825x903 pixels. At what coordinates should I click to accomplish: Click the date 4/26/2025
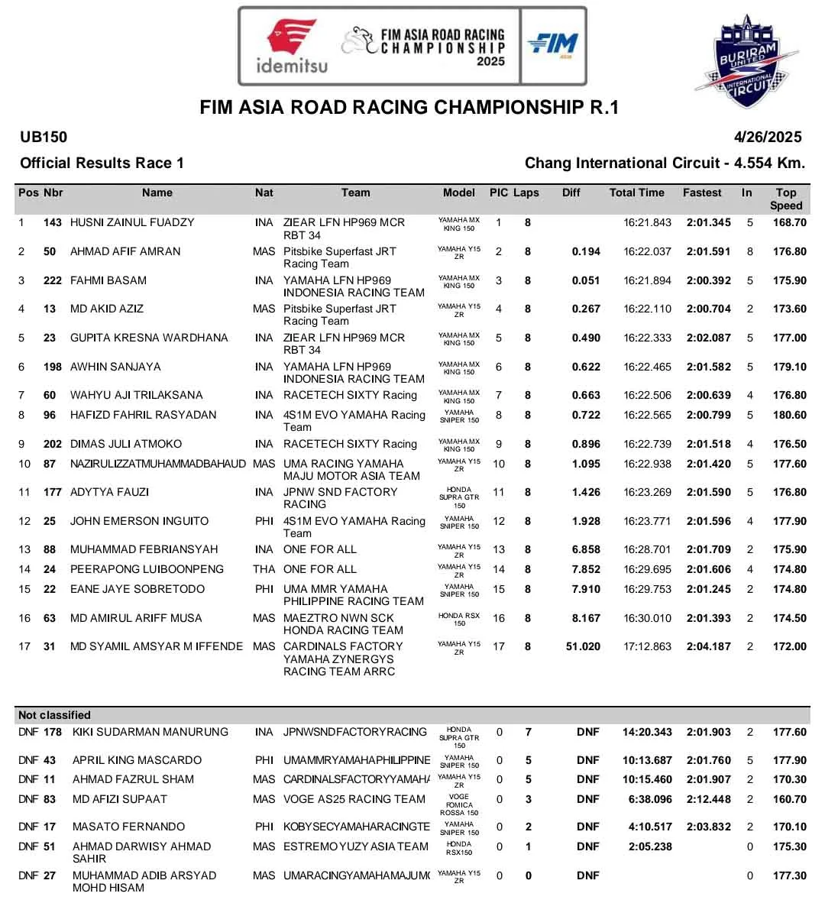(768, 138)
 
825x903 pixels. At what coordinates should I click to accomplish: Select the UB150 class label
(44, 138)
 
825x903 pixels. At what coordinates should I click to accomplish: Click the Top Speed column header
(785, 199)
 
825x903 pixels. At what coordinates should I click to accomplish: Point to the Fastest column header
(702, 193)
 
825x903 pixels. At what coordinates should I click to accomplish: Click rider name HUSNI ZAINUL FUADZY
(132, 223)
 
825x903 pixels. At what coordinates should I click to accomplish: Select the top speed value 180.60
(789, 416)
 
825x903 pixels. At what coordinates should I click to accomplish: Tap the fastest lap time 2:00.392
(708, 281)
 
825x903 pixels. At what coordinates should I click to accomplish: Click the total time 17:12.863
(647, 647)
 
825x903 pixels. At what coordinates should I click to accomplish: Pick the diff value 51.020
(583, 647)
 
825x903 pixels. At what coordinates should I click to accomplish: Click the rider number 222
(52, 281)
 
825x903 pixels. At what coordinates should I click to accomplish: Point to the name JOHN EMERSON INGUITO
(139, 522)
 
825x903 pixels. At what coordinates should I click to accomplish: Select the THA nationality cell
(264, 570)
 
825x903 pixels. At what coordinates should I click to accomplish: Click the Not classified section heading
(54, 716)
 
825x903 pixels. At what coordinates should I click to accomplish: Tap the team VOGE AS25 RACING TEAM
(354, 800)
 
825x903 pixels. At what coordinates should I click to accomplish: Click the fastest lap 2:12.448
(708, 800)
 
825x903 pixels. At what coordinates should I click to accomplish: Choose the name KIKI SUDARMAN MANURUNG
(150, 733)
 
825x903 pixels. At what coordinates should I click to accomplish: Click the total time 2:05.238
(650, 847)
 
